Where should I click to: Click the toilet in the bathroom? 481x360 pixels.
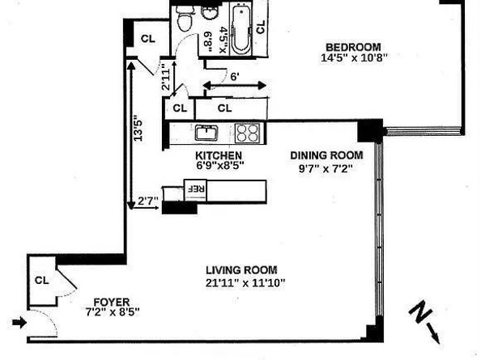[x=185, y=18]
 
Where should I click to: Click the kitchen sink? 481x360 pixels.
[x=206, y=133]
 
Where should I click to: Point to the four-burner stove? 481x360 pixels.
[x=247, y=133]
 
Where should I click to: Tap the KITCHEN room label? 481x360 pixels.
[x=219, y=155]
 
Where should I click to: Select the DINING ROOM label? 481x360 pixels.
[x=326, y=155]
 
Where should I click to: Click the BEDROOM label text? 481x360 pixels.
[x=353, y=47]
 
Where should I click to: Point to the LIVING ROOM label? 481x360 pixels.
[x=241, y=270]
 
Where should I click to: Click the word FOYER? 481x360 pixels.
[x=112, y=302]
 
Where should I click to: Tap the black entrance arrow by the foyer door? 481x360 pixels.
[x=19, y=322]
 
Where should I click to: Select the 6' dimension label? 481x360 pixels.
[x=235, y=77]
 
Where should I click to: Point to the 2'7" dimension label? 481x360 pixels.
[x=148, y=201]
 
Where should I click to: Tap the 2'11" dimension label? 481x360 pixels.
[x=166, y=77]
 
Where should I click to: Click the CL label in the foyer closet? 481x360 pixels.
[x=42, y=281]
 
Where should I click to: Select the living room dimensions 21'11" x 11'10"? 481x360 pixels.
[x=245, y=283]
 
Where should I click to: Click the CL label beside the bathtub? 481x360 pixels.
[x=261, y=27]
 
